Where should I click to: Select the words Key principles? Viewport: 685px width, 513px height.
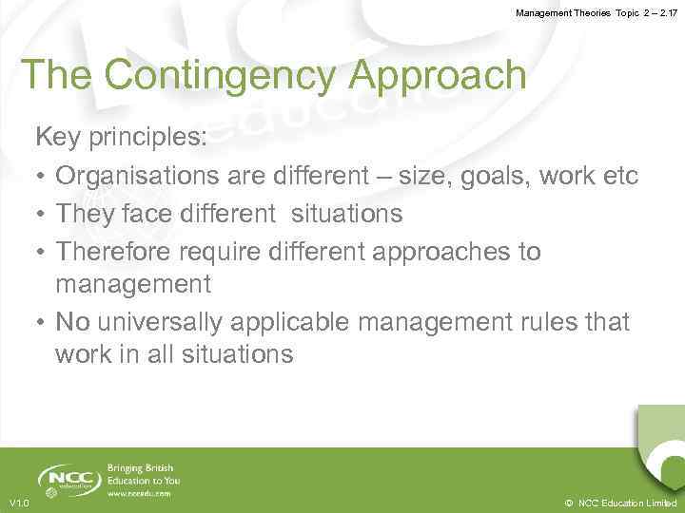pos(121,138)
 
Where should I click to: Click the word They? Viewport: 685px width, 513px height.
pos(86,214)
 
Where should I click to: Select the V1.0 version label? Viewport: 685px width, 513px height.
pos(18,503)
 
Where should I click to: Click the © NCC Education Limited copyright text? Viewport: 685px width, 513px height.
pos(620,503)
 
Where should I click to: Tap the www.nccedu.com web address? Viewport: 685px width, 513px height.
pos(140,493)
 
